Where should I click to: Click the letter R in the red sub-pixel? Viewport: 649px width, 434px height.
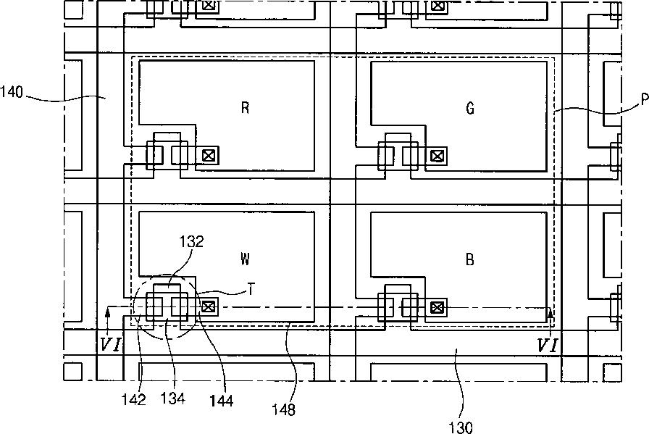(246, 109)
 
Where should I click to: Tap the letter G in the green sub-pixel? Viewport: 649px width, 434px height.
(470, 109)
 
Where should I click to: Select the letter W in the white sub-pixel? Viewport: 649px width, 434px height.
(246, 258)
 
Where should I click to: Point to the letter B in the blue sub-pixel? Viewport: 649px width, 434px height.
(470, 259)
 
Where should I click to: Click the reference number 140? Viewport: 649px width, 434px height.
(12, 92)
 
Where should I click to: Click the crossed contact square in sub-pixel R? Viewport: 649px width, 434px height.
(209, 154)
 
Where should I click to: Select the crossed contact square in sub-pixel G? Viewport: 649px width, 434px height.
(437, 154)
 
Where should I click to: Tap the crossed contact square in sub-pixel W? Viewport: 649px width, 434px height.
(209, 306)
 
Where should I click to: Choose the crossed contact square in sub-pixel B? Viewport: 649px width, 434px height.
(437, 308)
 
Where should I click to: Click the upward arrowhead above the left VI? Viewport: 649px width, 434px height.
(107, 312)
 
